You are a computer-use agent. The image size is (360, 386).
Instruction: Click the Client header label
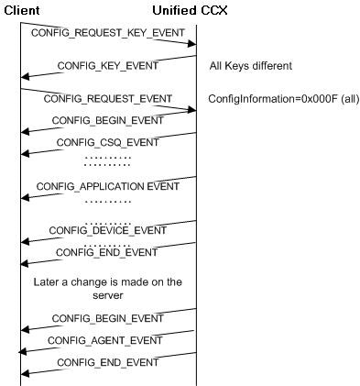click(21, 9)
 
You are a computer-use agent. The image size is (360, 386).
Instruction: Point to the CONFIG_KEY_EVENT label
click(107, 66)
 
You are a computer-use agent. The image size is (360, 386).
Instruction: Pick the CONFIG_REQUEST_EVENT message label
click(107, 98)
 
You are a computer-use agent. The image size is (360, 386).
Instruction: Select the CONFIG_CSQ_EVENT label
click(107, 143)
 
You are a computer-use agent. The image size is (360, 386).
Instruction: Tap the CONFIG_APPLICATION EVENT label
click(107, 186)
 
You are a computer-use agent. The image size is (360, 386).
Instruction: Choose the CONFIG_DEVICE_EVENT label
click(107, 230)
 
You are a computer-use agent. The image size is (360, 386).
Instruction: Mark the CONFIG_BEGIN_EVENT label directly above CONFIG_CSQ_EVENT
click(107, 120)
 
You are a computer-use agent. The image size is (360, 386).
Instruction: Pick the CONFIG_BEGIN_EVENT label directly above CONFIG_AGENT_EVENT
click(107, 318)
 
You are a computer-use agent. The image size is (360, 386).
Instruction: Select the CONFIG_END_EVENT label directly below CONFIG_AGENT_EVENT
click(107, 362)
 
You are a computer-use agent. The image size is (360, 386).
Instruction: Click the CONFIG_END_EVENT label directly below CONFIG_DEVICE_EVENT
click(107, 252)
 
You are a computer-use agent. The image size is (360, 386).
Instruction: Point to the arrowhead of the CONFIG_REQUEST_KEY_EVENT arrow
click(192, 43)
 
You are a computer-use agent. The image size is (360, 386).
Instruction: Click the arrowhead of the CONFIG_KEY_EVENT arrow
click(25, 77)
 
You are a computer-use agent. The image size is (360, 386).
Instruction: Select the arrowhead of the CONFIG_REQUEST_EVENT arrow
click(192, 110)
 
